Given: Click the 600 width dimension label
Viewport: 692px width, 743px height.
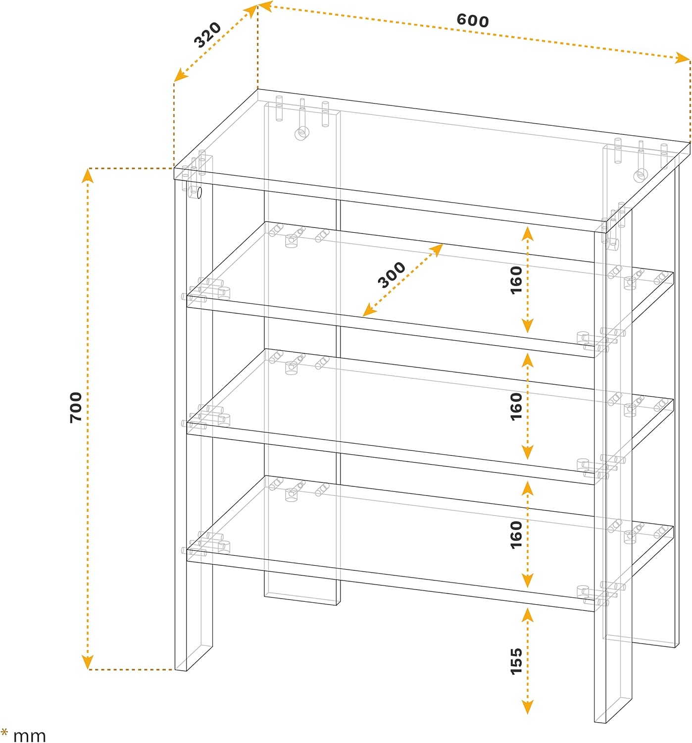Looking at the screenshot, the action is click(x=472, y=20).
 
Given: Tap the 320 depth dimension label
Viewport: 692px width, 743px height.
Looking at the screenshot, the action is click(x=207, y=35).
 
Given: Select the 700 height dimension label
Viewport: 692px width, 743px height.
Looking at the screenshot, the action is click(x=76, y=408).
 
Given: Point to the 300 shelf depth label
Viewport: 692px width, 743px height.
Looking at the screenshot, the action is click(x=392, y=275).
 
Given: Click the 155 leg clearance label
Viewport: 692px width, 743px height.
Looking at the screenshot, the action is click(x=516, y=661).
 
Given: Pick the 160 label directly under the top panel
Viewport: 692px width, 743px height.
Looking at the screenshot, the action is click(x=516, y=280).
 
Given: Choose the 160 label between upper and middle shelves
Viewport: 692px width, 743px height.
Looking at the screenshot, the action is click(x=516, y=407).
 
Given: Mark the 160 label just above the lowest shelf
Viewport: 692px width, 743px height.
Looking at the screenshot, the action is click(x=516, y=535).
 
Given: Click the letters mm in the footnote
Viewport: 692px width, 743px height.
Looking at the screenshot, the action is click(x=30, y=736).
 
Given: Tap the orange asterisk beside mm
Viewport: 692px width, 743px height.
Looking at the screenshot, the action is click(x=4, y=732).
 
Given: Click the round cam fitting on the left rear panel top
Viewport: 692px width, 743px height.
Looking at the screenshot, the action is click(x=301, y=133).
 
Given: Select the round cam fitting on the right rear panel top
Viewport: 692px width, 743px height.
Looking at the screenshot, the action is click(x=641, y=175).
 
